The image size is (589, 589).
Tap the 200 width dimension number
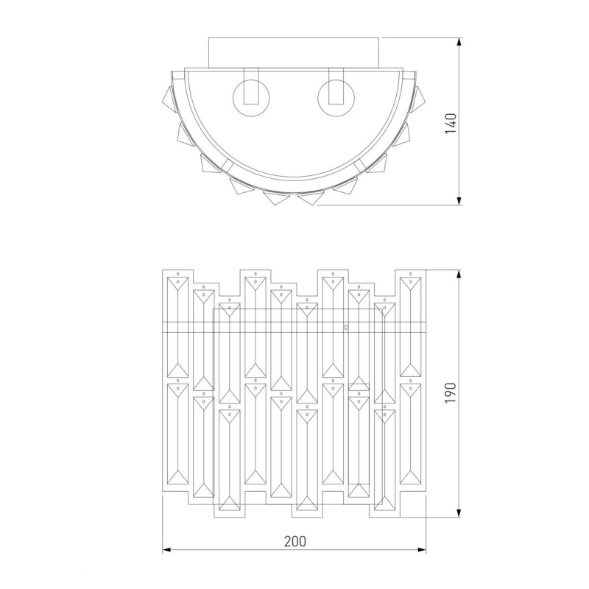(x=294, y=540)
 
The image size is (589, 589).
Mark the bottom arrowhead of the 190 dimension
(x=460, y=512)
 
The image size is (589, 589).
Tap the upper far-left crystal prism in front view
(x=178, y=324)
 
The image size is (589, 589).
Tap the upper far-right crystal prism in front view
(x=410, y=324)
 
